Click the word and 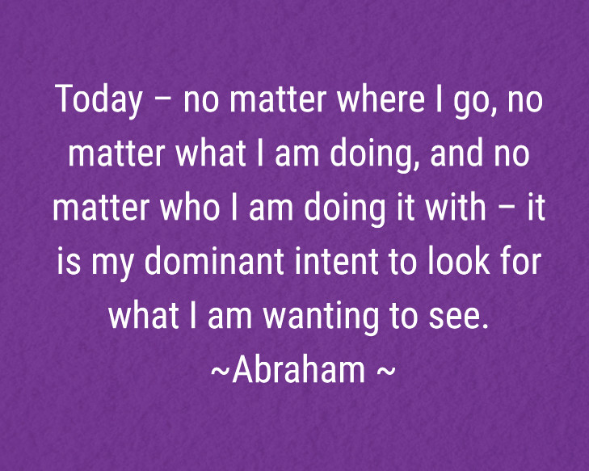tap(453, 154)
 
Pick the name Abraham tap(299, 370)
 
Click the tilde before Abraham tap(220, 372)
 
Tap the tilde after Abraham tap(386, 372)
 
